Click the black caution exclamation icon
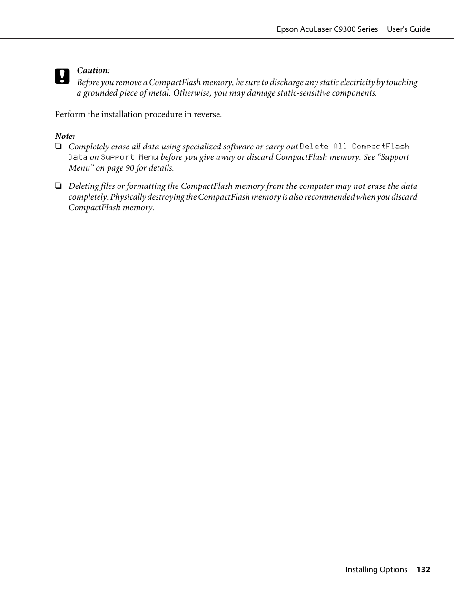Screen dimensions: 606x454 click(x=62, y=77)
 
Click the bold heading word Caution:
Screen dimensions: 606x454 click(x=93, y=70)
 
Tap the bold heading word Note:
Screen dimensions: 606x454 click(x=65, y=136)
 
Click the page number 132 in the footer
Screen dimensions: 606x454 click(x=423, y=569)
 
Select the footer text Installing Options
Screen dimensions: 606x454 click(x=376, y=569)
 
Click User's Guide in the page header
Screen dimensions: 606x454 click(x=408, y=29)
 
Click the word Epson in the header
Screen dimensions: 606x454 click(x=287, y=29)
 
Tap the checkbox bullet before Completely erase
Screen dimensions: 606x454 click(x=58, y=147)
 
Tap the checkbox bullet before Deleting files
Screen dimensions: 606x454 click(x=58, y=186)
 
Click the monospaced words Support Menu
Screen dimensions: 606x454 click(x=129, y=157)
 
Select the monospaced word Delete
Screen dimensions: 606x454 click(x=314, y=147)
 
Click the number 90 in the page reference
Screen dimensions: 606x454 click(x=130, y=168)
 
